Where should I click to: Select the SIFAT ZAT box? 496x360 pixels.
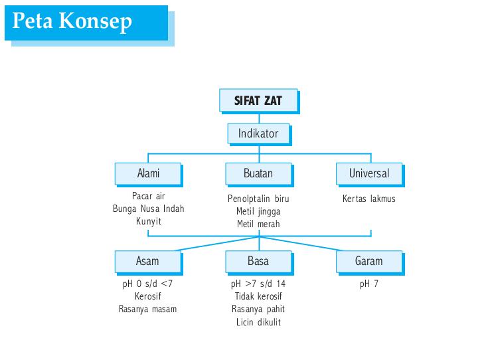point(258,101)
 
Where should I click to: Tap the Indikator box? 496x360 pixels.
point(258,134)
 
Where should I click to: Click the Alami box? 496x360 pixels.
point(148,173)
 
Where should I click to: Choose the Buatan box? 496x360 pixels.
point(258,173)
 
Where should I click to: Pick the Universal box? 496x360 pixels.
point(369,173)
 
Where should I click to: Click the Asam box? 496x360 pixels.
point(147,260)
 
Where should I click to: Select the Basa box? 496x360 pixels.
point(258,260)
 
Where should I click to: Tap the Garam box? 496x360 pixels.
point(369,260)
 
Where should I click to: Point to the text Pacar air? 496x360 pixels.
point(148,197)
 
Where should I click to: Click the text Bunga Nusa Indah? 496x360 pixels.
point(149,209)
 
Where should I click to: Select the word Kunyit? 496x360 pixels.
point(149,221)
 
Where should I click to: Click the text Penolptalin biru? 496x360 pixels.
point(258,199)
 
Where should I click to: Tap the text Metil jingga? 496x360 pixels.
point(258,211)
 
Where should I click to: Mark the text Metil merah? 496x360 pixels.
point(258,224)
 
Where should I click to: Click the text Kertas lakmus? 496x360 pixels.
point(369,199)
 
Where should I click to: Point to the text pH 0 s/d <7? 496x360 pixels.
point(147,284)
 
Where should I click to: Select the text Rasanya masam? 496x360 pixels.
point(147,309)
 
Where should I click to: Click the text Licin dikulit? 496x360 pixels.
point(258,322)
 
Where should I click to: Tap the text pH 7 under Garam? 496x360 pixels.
point(369,284)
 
